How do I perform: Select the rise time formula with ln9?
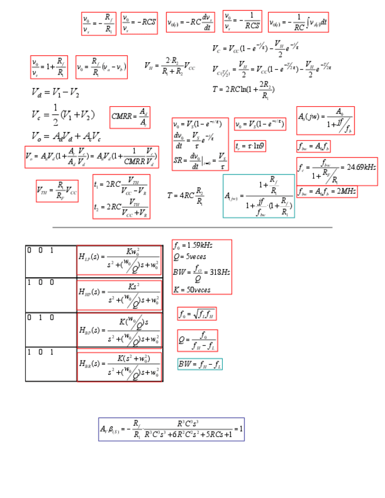coord(250,146)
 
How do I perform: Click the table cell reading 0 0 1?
coord(51,261)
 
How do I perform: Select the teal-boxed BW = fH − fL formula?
coord(200,365)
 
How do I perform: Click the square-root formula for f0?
coord(197,314)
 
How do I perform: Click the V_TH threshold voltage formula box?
coord(57,190)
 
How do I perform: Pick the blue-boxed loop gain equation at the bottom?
coord(171,429)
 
